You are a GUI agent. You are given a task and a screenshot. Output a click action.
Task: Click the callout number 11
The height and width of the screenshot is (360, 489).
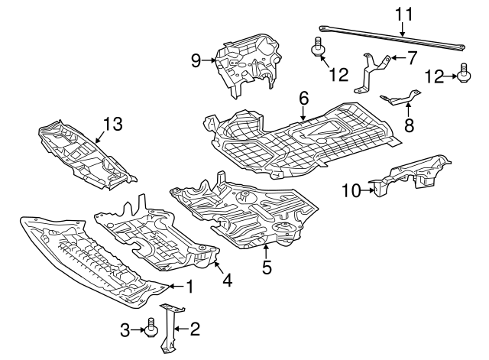pos(404,15)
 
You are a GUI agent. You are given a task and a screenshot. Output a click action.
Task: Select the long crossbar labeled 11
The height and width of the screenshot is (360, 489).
pos(392,37)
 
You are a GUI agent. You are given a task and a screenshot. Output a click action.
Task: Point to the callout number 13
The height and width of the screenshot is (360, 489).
pos(112,124)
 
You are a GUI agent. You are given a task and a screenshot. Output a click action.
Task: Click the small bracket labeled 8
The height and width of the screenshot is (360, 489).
pos(400,98)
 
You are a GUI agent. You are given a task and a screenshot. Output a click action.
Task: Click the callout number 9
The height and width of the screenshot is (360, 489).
pos(196,60)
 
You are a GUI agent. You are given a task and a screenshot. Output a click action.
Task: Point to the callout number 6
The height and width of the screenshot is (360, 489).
pos(303,99)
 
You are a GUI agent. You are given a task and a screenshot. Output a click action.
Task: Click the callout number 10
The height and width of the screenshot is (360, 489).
pos(351,190)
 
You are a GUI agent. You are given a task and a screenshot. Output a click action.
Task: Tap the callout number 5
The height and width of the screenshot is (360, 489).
pos(267,267)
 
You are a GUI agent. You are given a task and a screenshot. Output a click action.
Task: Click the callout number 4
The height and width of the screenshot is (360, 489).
pos(228,281)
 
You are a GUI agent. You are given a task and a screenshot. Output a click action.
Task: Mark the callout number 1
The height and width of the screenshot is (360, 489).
pos(189,286)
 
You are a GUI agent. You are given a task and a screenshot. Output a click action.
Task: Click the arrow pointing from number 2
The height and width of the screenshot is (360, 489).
pos(181,328)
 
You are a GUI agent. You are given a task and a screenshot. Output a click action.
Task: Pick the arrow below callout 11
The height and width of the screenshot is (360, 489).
pos(403,30)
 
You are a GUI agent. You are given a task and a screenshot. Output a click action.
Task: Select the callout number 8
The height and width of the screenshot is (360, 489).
pos(409,125)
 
